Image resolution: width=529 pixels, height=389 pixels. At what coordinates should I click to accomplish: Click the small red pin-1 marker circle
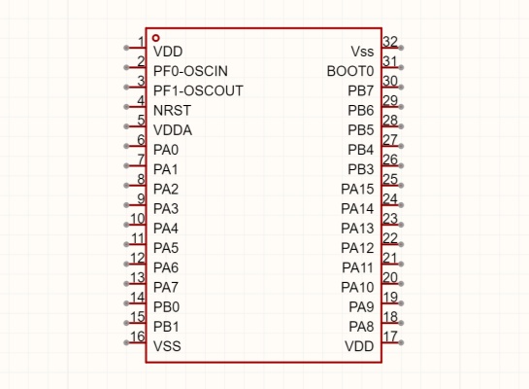point(155,38)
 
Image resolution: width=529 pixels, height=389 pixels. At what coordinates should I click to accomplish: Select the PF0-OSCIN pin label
point(190,71)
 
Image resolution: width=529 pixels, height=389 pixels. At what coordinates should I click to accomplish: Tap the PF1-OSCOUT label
point(198,90)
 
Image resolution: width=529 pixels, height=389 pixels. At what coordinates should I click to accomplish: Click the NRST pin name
point(172,111)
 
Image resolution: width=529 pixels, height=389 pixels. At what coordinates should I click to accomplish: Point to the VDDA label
point(173,130)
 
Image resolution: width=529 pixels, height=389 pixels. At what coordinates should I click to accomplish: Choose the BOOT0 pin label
point(350,71)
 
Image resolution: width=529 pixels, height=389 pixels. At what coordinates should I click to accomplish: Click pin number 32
point(390,42)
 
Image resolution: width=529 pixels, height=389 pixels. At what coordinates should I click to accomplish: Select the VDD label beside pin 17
point(359,346)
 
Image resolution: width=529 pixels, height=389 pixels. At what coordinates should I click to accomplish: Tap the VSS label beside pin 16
point(167,346)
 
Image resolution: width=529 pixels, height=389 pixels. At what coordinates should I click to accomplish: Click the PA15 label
point(357,190)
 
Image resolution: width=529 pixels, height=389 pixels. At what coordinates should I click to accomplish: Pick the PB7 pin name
point(361,90)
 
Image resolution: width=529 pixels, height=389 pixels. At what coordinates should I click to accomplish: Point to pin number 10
point(138,219)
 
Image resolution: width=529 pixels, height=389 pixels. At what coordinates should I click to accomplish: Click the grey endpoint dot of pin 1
point(126,48)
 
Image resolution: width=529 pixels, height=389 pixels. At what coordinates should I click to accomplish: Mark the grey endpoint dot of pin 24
point(401,205)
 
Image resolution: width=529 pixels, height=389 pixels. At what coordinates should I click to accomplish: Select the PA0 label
point(166,150)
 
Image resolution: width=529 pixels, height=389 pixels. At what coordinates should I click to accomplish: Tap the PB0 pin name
point(166,307)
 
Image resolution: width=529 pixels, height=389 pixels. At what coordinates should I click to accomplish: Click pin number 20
point(390,277)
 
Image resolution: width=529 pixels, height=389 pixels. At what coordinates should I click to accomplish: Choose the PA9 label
point(361,307)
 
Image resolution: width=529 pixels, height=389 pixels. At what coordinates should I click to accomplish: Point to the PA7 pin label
point(166,288)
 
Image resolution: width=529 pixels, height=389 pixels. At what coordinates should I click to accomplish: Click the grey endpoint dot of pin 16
point(126,342)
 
